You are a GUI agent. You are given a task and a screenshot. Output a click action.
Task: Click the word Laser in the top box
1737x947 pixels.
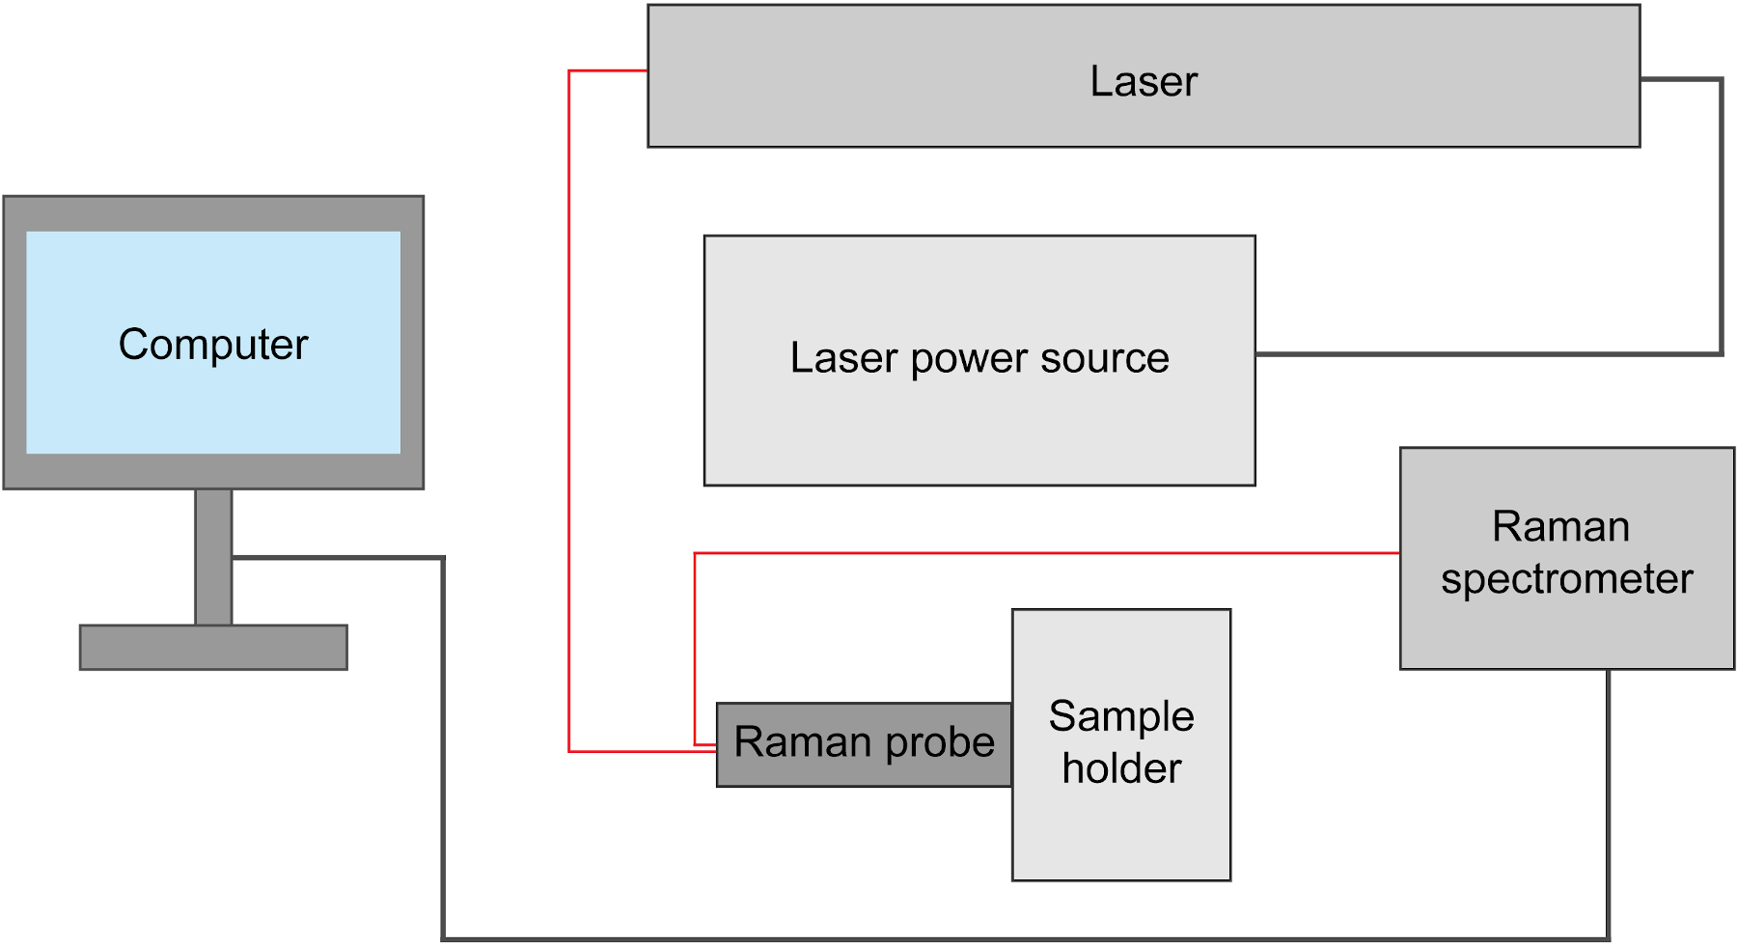(1144, 81)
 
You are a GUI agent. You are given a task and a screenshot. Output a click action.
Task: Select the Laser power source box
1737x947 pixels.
(979, 425)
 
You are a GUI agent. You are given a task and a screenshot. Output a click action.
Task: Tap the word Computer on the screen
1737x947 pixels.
(213, 345)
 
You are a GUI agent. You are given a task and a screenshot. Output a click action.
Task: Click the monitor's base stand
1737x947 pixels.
(213, 648)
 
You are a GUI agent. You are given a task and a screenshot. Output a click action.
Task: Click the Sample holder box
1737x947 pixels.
(1121, 830)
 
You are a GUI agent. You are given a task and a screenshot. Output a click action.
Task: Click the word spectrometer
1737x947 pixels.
(1566, 579)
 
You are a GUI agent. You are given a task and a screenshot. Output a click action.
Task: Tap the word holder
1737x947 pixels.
(1121, 769)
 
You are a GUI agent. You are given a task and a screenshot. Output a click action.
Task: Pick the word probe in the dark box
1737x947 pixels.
(940, 743)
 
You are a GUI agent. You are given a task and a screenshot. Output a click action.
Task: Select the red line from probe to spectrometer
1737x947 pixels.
(1042, 553)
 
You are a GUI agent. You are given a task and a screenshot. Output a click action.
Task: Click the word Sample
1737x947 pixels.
(1121, 716)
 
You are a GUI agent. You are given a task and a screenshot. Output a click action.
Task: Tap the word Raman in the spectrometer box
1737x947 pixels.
(1560, 527)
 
